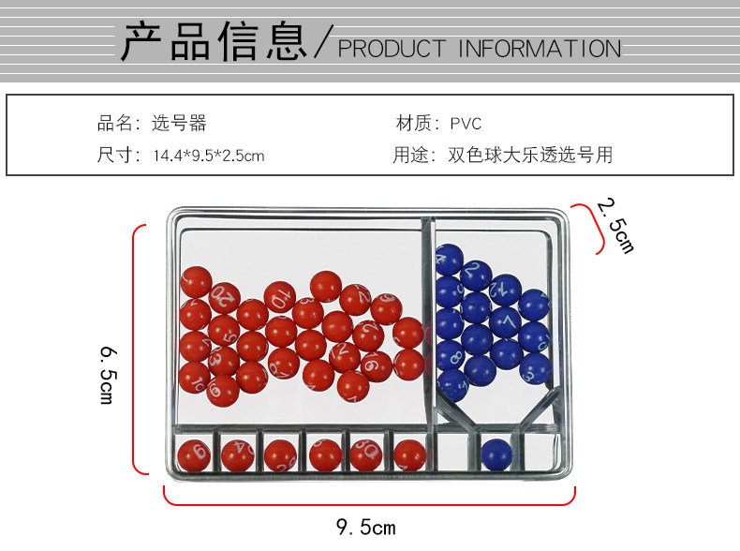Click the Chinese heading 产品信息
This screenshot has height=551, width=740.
(214, 42)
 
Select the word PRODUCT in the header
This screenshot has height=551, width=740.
(392, 48)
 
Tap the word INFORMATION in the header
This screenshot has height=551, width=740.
(539, 48)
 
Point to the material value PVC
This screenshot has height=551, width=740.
(466, 124)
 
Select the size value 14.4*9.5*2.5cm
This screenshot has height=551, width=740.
(208, 156)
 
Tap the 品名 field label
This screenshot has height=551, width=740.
(116, 123)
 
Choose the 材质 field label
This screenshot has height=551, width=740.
(414, 123)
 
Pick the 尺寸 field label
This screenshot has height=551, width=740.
(116, 156)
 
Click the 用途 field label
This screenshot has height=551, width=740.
(414, 156)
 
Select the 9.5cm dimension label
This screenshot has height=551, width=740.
(366, 528)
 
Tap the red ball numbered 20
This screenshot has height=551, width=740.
(225, 298)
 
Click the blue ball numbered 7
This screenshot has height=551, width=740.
(506, 322)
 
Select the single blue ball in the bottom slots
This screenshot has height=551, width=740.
(496, 454)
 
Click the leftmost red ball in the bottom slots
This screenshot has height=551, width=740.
(193, 454)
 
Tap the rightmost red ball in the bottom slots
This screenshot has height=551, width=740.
(408, 454)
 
